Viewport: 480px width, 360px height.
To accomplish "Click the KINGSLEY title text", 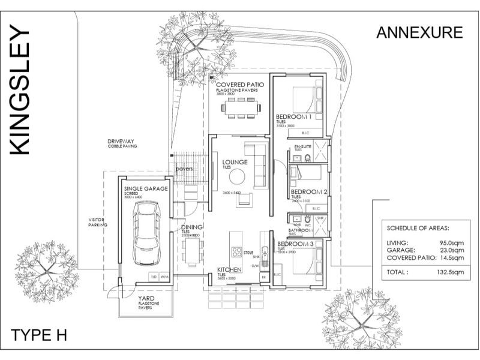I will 20,90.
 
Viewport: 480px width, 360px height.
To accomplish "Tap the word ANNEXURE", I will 419,32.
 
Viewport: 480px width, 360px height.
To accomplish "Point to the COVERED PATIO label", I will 240,85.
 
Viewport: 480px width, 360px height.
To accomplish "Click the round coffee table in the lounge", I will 237,176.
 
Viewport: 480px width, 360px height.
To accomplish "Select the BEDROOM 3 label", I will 296,244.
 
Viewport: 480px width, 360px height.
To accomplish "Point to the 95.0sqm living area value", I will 450,242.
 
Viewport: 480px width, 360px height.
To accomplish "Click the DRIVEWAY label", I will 121,142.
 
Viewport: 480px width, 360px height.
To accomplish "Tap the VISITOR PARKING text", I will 97,223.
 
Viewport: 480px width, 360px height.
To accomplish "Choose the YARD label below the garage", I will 148,298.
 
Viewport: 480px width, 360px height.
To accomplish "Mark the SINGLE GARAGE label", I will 146,188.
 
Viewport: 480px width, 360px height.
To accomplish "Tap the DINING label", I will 192,227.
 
